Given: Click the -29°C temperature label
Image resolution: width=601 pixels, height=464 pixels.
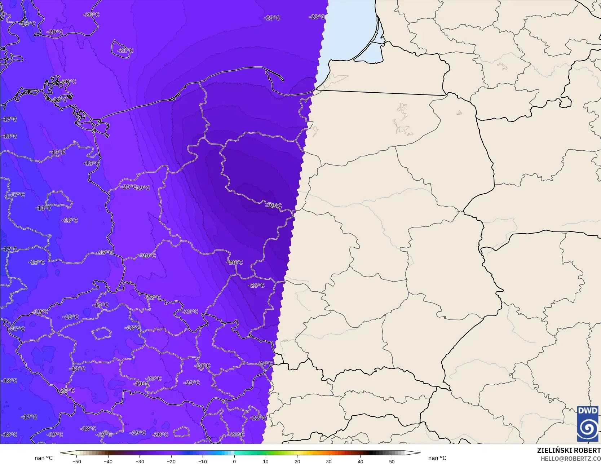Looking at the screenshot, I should click(x=274, y=206).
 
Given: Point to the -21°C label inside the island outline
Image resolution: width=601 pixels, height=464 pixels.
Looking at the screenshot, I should click(x=125, y=50).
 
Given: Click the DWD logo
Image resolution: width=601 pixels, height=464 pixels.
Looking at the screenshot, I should click(x=587, y=424).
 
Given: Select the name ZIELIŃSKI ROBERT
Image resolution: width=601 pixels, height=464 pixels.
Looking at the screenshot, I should click(x=569, y=450).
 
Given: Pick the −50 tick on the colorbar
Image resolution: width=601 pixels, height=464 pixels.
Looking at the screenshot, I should click(x=76, y=461).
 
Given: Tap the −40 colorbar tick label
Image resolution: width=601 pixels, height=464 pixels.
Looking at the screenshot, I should click(x=108, y=461).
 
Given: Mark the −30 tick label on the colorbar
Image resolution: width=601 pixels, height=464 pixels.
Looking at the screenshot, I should click(x=140, y=461).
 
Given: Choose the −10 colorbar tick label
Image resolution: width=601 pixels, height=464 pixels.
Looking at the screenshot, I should click(x=203, y=461).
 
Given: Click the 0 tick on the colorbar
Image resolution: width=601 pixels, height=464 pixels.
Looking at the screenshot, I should click(x=234, y=461).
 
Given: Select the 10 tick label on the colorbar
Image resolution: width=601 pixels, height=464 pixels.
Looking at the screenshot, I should click(x=266, y=461).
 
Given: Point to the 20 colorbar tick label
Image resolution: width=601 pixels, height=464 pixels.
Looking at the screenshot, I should click(x=297, y=461).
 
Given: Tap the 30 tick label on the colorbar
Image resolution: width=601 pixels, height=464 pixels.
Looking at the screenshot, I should click(x=329, y=461).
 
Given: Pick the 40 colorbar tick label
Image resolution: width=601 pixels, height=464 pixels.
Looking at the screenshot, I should click(x=360, y=461).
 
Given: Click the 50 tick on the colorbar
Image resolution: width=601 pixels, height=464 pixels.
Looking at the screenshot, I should click(x=392, y=461).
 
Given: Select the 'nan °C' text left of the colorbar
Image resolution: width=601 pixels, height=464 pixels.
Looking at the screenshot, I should click(x=44, y=458).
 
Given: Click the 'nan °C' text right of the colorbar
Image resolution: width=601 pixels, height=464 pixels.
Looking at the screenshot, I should click(x=437, y=458).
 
